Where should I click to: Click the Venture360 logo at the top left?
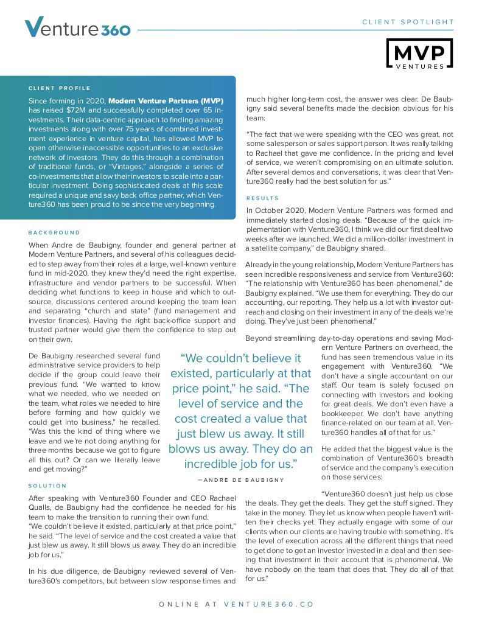[77, 27]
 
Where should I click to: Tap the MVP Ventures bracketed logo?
[419, 53]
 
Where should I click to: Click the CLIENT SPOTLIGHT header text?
[408, 23]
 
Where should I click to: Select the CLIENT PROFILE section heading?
[60, 88]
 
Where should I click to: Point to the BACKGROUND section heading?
[54, 232]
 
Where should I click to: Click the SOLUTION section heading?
[48, 486]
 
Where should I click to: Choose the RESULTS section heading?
[262, 198]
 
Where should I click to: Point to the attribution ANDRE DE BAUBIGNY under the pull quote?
[240, 480]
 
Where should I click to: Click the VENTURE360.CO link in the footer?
[269, 605]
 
